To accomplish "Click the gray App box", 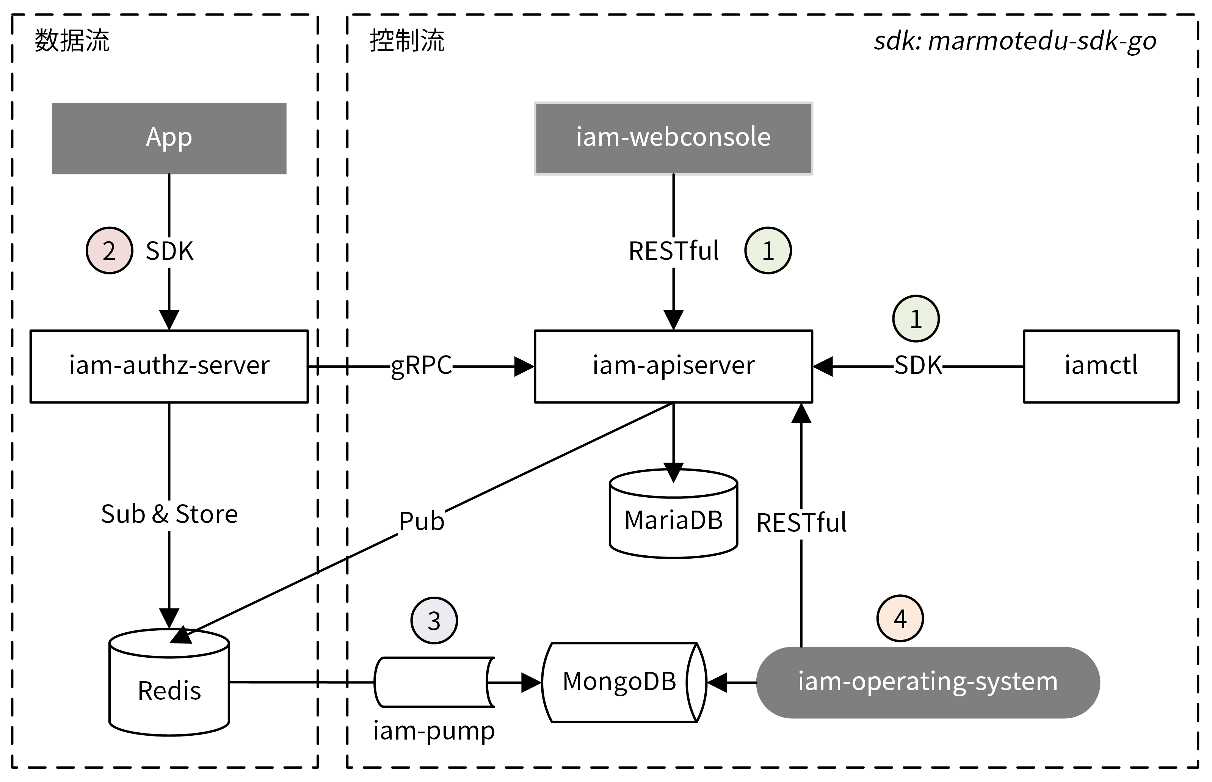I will coord(169,138).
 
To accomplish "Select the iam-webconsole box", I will coord(673,138).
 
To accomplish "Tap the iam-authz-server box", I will coord(169,366).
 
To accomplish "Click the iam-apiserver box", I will coord(673,366).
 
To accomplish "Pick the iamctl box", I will coord(1101,366).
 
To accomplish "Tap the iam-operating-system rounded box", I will coord(927,682).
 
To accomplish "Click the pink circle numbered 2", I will coord(109,250).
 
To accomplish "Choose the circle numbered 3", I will coord(434,621).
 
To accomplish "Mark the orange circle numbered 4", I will coord(900,619).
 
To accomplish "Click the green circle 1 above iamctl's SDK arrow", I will coord(916,319).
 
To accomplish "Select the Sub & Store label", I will coord(169,514).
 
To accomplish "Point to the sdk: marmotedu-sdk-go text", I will coord(1014,41).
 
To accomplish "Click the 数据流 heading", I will coord(72,41).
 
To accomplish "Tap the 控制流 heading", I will coord(407,41).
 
